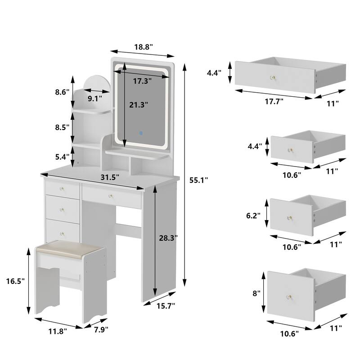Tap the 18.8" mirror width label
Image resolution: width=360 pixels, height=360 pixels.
[x=143, y=46]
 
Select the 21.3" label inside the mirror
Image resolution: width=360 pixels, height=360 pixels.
[x=139, y=105]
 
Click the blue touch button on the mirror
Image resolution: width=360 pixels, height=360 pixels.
[x=140, y=133]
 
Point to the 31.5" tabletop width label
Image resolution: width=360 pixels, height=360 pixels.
[x=110, y=177]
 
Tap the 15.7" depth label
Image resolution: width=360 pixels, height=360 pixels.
[x=165, y=306]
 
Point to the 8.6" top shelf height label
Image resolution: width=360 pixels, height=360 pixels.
[x=62, y=92]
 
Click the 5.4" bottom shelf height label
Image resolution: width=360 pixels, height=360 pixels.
[x=62, y=157]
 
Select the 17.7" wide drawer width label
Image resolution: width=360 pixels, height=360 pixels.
[x=273, y=102]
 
